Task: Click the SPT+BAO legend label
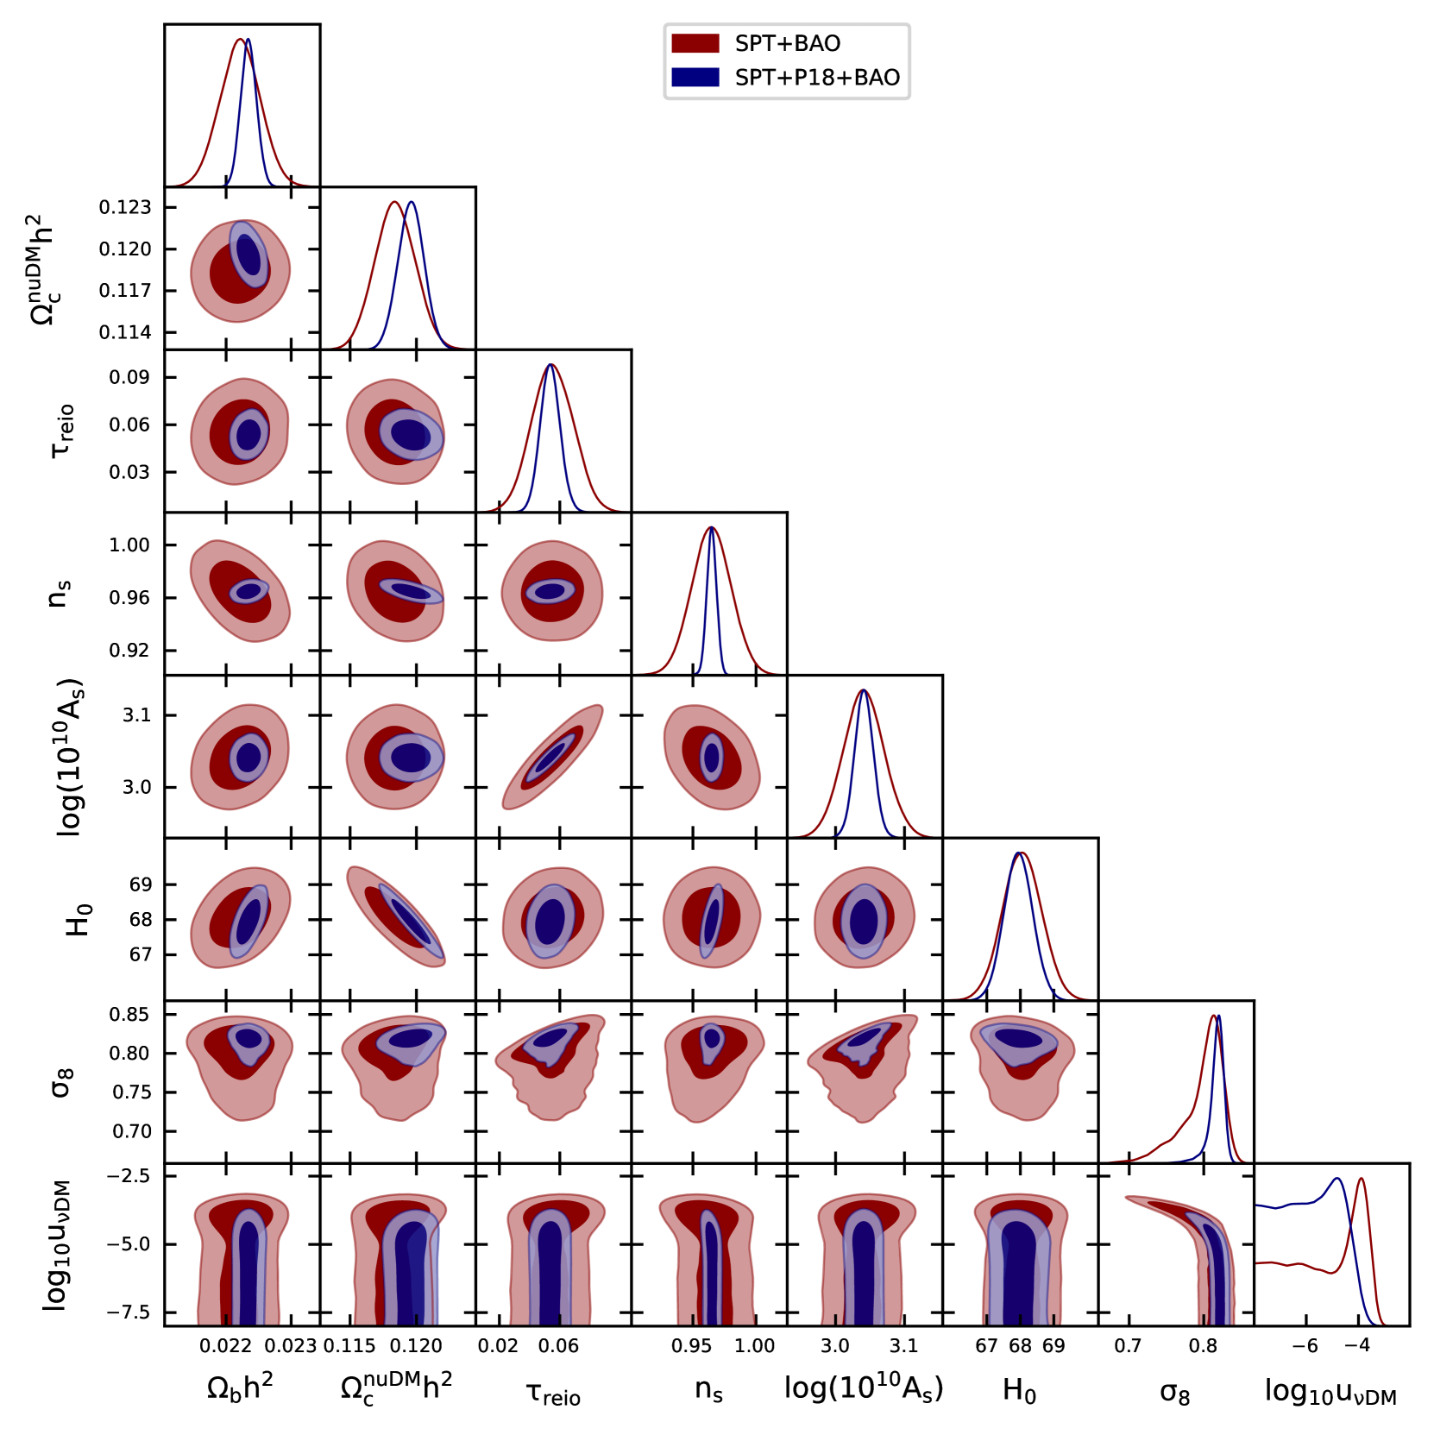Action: click(x=787, y=43)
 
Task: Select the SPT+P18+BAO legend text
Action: click(x=816, y=78)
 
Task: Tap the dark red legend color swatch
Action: click(x=695, y=43)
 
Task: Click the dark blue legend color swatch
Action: click(x=695, y=78)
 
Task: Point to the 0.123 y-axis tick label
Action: click(x=125, y=207)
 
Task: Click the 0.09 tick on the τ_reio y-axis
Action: click(x=129, y=377)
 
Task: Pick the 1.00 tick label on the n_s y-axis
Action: click(x=129, y=544)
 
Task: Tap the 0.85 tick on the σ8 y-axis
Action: click(x=129, y=1014)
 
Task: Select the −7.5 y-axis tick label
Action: click(x=127, y=1312)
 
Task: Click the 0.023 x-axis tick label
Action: click(x=291, y=1346)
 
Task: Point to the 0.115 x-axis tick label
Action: click(x=349, y=1346)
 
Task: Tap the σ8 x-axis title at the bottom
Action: click(x=1174, y=1391)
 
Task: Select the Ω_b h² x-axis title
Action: click(x=240, y=1388)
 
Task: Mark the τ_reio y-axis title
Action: click(x=62, y=431)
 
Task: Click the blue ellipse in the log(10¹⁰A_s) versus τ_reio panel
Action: click(x=550, y=758)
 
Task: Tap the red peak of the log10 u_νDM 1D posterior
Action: click(x=1361, y=1180)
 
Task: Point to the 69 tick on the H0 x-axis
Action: click(x=1053, y=1346)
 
